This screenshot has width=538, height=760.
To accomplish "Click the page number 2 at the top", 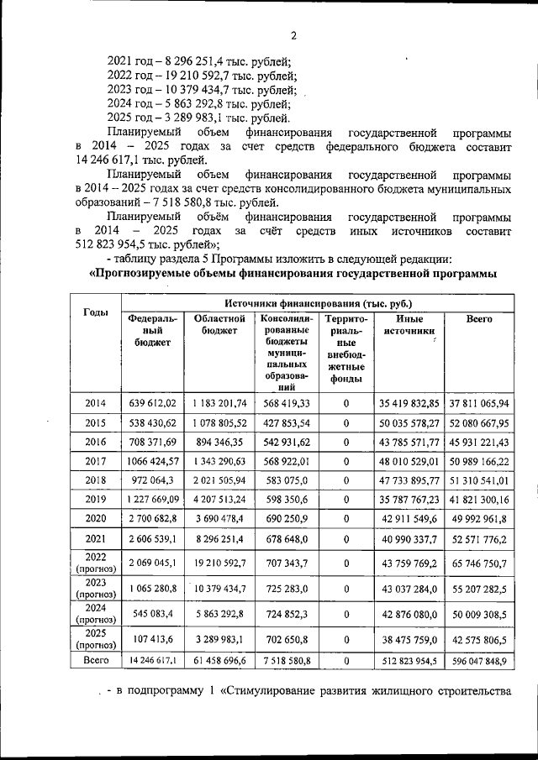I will (x=294, y=35).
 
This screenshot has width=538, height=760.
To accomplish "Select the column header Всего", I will (x=479, y=319).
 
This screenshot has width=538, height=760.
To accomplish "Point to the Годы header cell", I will (x=96, y=312).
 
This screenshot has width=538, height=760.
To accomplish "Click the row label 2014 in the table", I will (x=96, y=403).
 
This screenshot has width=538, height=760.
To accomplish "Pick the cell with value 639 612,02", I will (x=152, y=403).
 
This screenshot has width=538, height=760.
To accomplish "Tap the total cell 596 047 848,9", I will (x=479, y=662).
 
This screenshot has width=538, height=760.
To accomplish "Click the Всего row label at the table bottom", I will (x=96, y=662).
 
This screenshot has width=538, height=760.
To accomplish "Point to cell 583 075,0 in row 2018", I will (x=287, y=480).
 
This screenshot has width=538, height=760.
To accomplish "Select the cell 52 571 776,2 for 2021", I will (x=479, y=538).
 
